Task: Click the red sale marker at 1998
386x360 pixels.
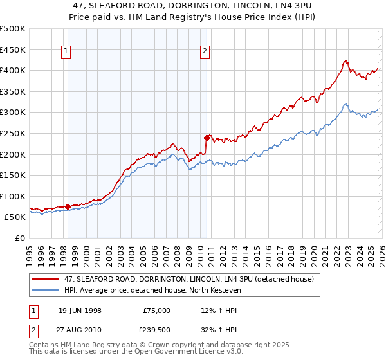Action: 68,206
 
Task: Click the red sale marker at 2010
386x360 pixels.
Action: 207,137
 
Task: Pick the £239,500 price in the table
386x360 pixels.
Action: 157,330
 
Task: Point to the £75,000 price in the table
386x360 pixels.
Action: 157,310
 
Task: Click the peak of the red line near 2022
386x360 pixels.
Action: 345,61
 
